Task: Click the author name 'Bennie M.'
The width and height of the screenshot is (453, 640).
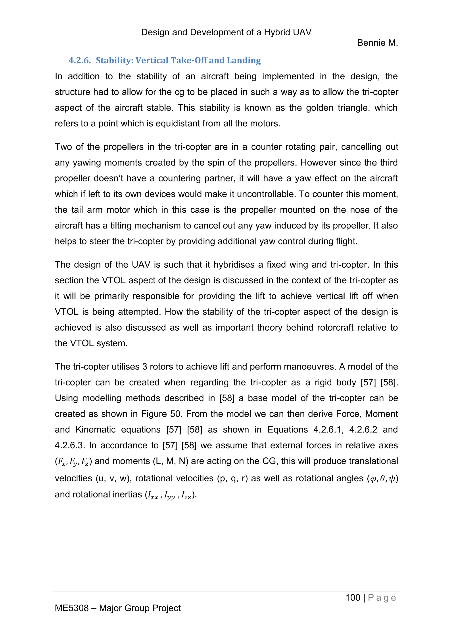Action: [x=377, y=43]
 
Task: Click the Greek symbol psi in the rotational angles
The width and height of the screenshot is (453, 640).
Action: [x=392, y=479]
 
